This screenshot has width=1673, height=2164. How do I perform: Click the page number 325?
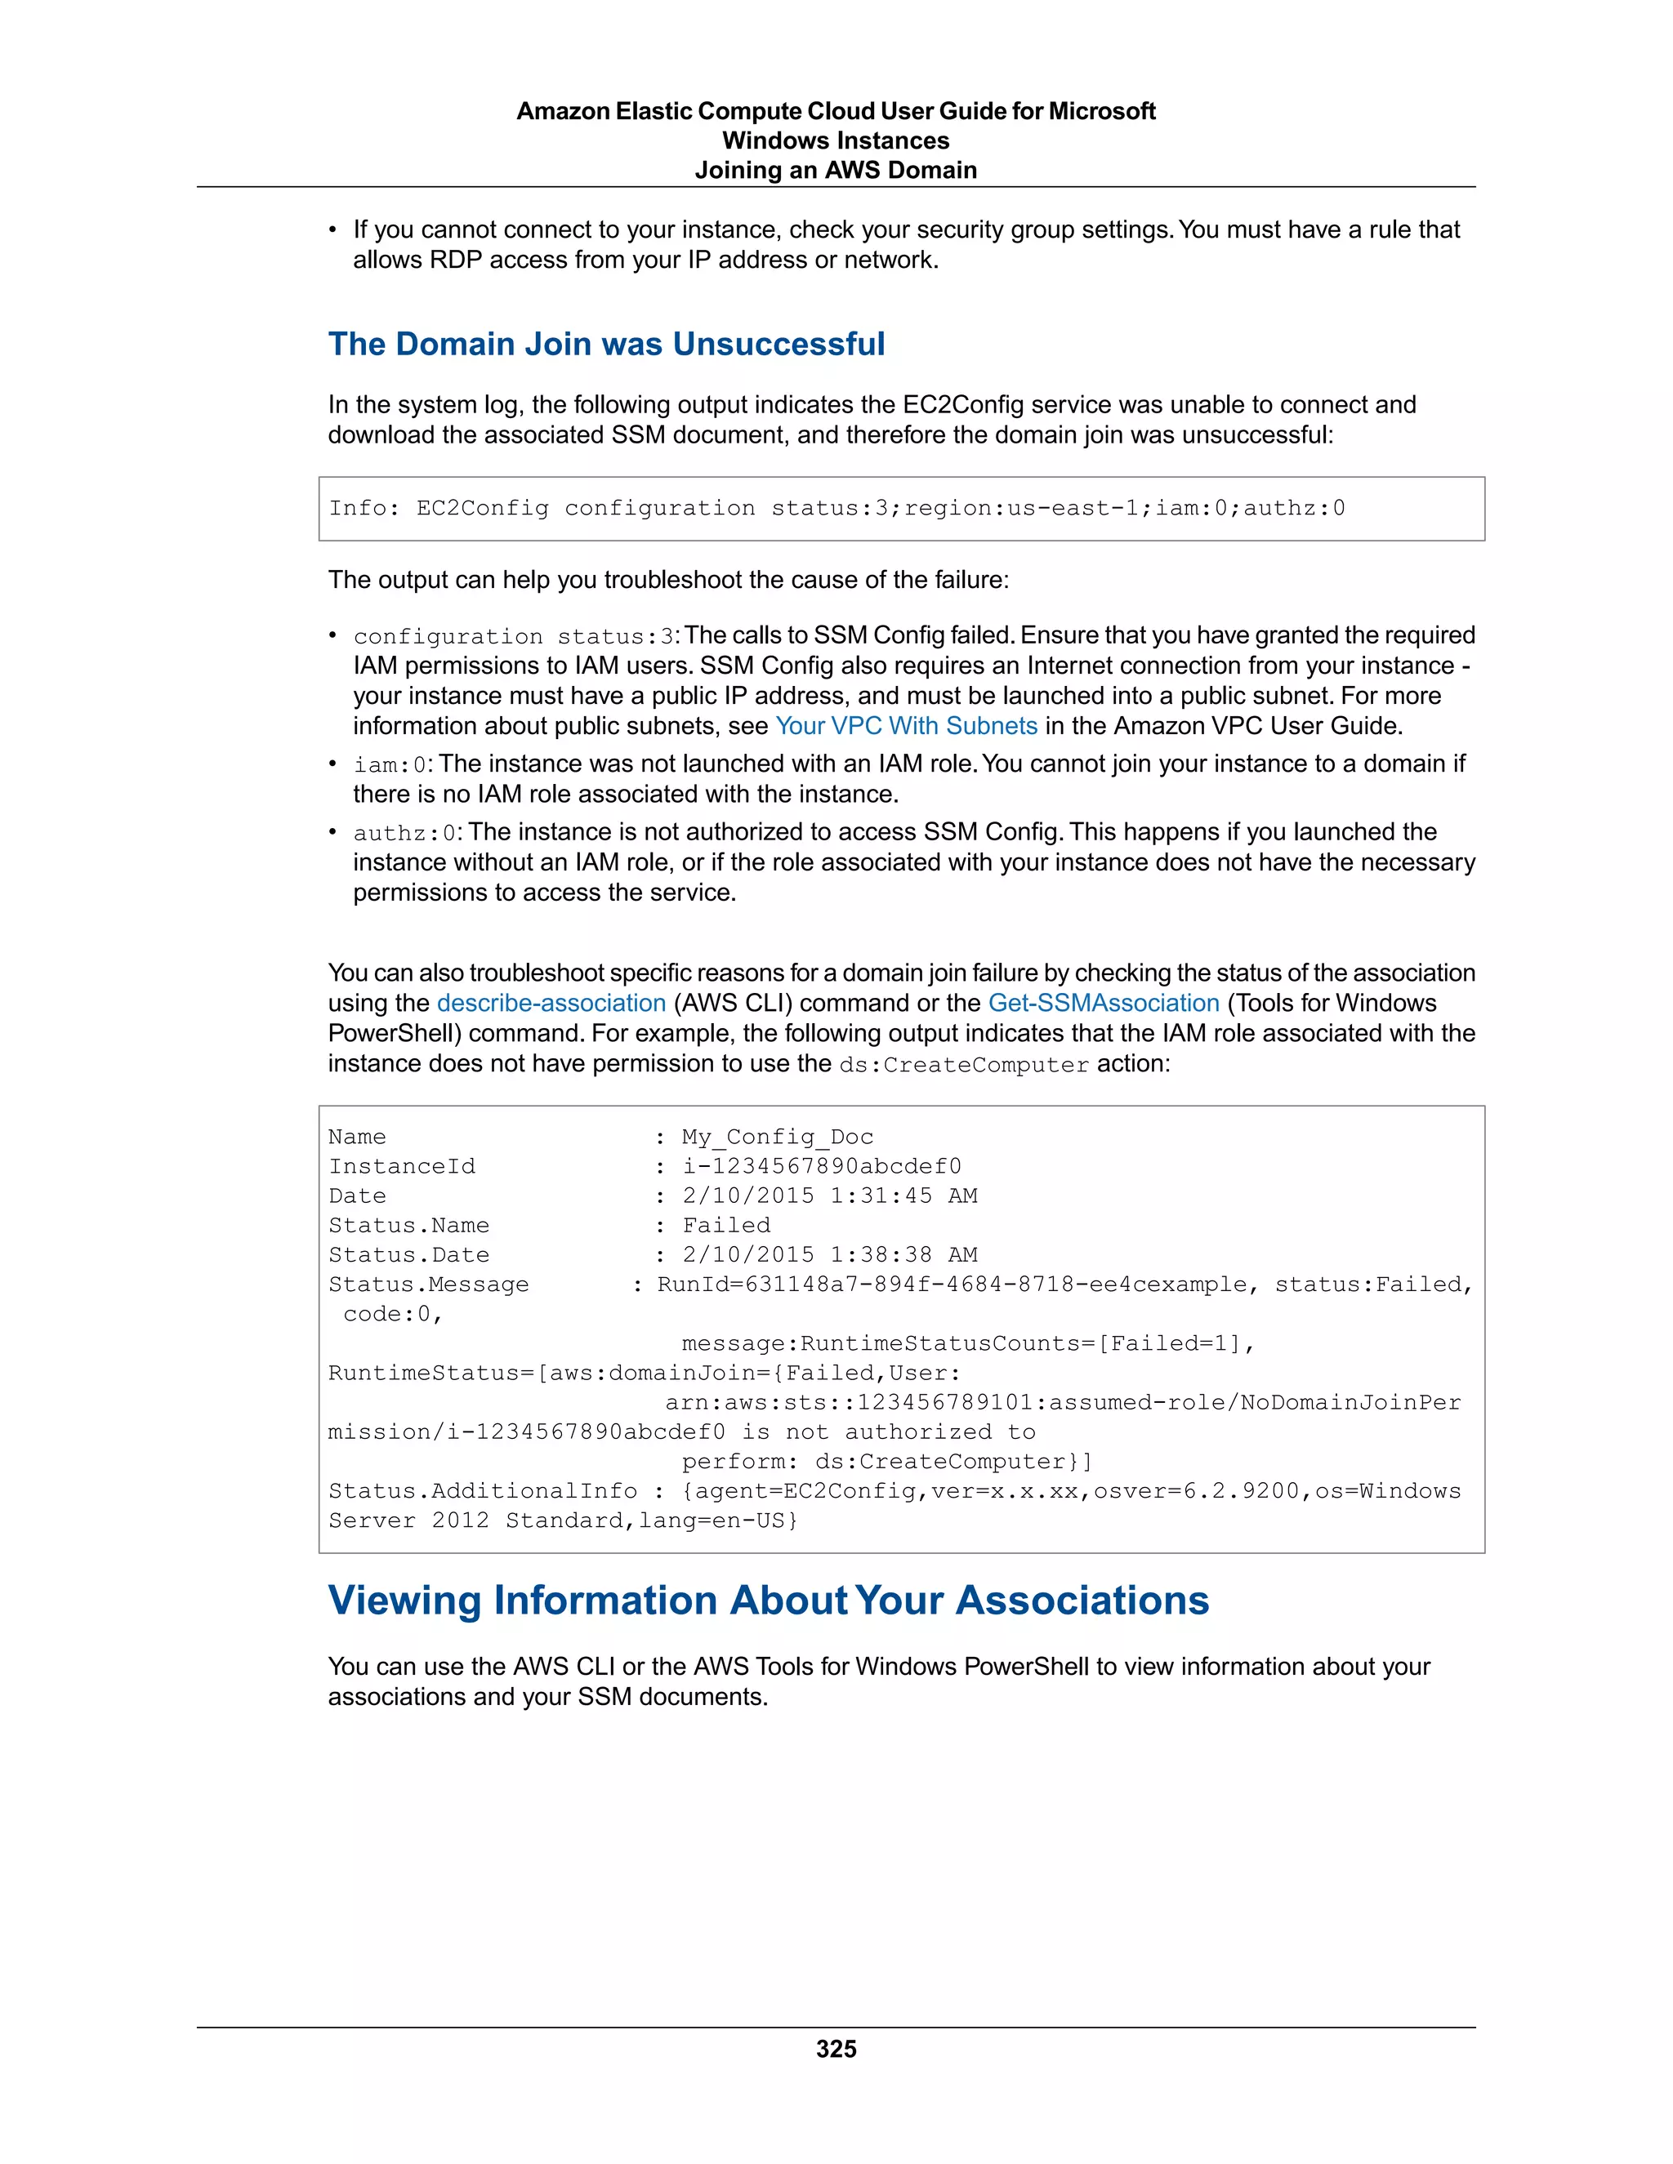click(x=836, y=2049)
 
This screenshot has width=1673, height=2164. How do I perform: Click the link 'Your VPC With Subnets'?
click(x=906, y=726)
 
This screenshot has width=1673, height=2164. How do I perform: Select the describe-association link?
click(x=551, y=1004)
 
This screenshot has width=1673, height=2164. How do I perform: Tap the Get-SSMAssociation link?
click(x=1103, y=1004)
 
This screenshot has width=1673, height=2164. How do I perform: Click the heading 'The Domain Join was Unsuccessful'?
click(x=607, y=344)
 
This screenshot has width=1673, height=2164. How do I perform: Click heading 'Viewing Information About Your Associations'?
click(x=768, y=1601)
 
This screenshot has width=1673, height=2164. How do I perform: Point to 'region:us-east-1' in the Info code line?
click(x=1019, y=508)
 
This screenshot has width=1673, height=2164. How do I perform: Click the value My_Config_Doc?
click(x=777, y=1138)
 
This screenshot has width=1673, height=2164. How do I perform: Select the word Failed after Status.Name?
click(x=725, y=1226)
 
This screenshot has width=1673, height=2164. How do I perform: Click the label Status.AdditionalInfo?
click(x=483, y=1491)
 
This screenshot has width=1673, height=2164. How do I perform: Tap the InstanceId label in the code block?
click(x=401, y=1167)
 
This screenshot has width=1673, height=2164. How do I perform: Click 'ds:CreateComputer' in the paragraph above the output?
click(x=963, y=1065)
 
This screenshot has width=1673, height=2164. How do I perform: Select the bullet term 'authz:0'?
click(x=405, y=833)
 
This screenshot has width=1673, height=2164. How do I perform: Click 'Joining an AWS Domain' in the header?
click(x=836, y=171)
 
